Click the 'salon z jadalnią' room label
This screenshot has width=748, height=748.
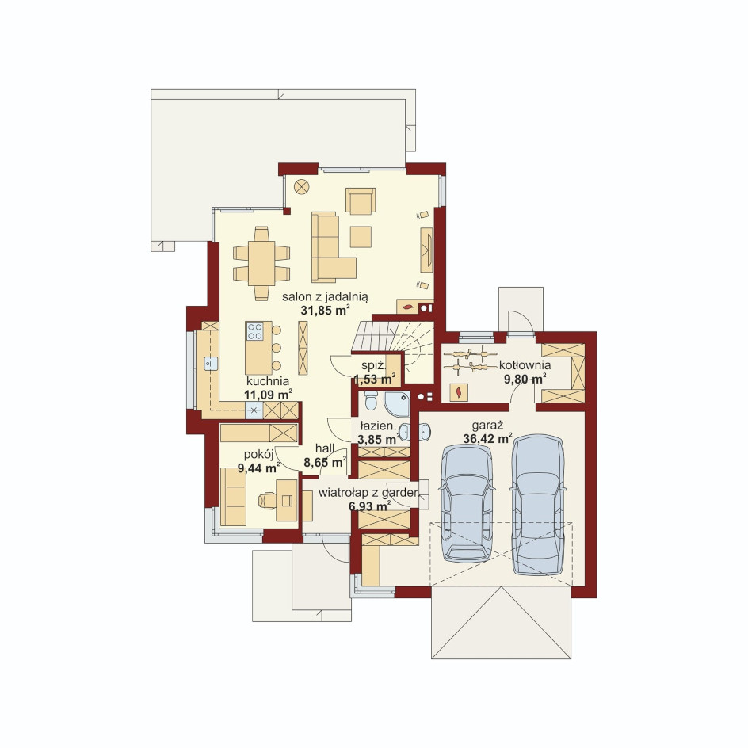pos(325,297)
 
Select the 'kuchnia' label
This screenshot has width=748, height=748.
pos(268,381)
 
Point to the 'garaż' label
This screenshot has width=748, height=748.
pos(487,426)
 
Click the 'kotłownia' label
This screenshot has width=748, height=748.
pos(525,365)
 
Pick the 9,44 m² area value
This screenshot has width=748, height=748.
pos(258,468)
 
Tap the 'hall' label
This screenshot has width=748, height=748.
pos(325,448)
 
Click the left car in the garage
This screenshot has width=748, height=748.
pos(467,504)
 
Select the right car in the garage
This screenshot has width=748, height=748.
pos(538,504)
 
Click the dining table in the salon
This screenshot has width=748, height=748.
pos(261,263)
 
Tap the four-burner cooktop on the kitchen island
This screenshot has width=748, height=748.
pos(254,331)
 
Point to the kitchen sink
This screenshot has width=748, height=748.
pos(211,364)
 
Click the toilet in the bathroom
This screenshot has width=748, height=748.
pos(371,401)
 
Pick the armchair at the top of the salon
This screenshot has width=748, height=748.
pos(361,200)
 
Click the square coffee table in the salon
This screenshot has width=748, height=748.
pos(361,237)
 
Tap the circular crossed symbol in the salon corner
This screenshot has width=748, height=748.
pos(301,186)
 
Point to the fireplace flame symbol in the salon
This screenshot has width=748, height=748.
pos(407,307)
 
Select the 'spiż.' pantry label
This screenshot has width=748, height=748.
pos(373,366)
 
